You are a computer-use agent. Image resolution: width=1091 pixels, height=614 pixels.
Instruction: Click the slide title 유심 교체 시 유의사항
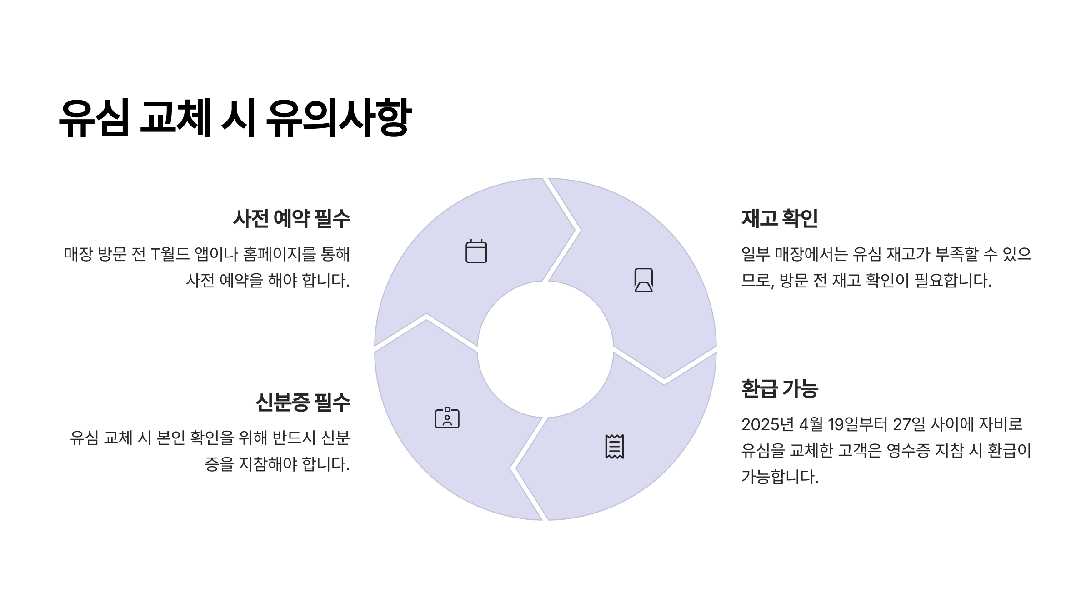tap(235, 118)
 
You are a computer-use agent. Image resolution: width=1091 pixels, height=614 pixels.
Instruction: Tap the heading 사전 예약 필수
tap(291, 219)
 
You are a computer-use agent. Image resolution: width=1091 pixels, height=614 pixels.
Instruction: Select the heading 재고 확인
tap(780, 219)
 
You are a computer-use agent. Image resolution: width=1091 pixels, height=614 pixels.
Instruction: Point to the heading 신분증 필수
tap(303, 403)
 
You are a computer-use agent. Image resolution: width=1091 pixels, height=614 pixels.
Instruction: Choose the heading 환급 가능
tap(780, 389)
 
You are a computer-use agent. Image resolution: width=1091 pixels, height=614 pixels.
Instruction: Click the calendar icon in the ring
tap(476, 251)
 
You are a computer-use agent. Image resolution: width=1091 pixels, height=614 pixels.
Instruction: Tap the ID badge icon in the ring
tap(447, 418)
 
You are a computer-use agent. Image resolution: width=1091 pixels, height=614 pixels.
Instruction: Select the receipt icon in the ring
tap(614, 447)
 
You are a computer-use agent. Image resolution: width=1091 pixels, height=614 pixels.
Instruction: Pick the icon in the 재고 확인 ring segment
tap(643, 280)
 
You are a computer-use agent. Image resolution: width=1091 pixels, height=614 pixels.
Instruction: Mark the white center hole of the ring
tap(545, 349)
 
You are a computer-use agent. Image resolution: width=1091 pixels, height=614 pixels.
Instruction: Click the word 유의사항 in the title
tap(338, 118)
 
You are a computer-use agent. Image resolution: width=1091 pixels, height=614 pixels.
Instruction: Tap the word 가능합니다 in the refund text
tap(780, 477)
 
